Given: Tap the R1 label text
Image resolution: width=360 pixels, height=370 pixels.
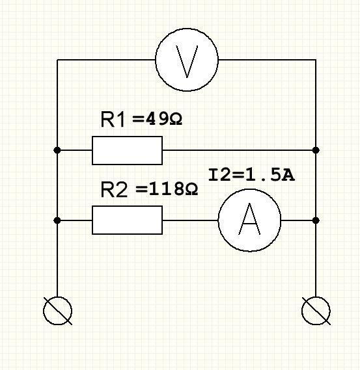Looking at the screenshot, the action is tap(113, 120).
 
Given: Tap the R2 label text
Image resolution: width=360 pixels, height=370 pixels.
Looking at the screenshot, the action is tap(115, 189).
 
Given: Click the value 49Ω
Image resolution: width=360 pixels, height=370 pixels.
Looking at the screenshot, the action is tap(164, 119).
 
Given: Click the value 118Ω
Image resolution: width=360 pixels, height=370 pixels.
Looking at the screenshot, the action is tap(174, 189).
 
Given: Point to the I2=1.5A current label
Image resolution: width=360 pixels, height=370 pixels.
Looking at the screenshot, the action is tap(251, 175).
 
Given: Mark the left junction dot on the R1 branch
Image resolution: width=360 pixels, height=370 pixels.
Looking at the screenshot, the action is tap(57, 150).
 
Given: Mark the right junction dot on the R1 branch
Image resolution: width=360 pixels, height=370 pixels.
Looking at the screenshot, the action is tap(316, 150).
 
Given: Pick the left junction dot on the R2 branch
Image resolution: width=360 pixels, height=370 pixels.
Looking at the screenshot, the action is tap(57, 220).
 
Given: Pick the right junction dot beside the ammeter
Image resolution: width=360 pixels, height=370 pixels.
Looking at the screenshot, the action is tap(316, 220).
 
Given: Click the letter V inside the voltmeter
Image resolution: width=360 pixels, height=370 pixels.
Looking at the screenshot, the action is tap(187, 62).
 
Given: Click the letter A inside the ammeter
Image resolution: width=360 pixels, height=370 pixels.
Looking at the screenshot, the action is tap(249, 219).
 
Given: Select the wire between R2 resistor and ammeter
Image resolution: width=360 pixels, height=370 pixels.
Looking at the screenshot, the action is tap(190, 220).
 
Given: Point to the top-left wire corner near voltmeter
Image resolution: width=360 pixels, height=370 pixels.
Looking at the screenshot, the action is tap(57, 60).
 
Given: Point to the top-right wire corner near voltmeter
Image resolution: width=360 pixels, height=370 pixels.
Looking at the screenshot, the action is tap(316, 60).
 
